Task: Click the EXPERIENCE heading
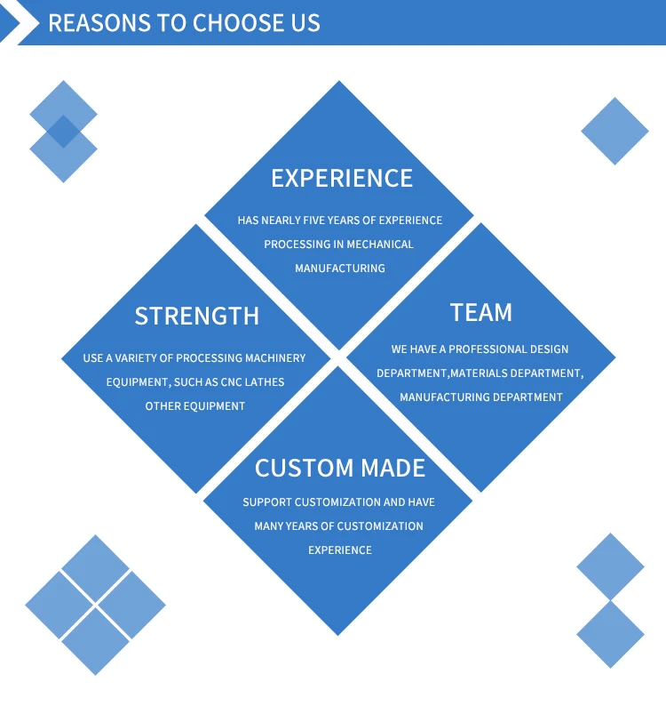tap(342, 178)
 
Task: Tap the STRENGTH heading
tap(197, 316)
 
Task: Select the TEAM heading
tap(481, 312)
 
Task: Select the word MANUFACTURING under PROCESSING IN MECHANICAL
tap(340, 268)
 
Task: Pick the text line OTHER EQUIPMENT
tap(195, 406)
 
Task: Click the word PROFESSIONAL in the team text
tap(480, 349)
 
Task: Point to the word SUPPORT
tap(266, 502)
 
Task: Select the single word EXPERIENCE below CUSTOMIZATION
tap(340, 550)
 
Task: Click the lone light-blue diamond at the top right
tap(615, 131)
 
